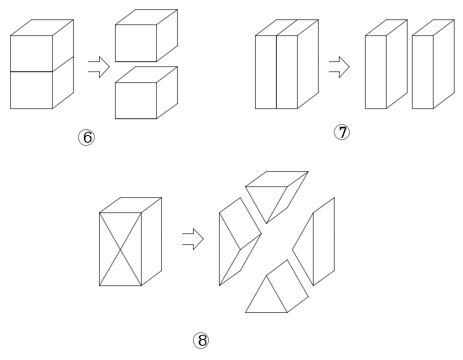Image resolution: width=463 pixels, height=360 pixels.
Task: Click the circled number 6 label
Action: click(86, 138)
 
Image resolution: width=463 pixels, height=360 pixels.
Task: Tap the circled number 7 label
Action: click(341, 132)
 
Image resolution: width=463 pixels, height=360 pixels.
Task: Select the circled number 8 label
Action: click(201, 340)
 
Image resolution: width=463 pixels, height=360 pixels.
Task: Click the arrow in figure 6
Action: click(99, 67)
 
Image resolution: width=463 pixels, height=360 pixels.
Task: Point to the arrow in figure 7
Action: click(339, 67)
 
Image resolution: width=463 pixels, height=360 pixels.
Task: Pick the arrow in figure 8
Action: click(193, 239)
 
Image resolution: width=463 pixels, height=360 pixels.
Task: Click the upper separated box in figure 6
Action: click(146, 35)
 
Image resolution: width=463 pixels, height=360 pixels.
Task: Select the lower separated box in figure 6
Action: click(146, 93)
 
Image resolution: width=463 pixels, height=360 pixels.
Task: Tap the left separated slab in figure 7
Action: click(386, 64)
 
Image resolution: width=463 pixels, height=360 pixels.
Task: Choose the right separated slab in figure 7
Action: click(433, 64)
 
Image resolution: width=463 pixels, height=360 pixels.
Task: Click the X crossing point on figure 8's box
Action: click(120, 249)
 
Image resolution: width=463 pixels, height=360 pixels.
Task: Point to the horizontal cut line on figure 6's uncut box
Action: click(31, 72)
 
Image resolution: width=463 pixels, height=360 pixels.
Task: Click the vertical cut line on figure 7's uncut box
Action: click(277, 72)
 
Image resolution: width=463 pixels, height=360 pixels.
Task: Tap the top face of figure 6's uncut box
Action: click(42, 28)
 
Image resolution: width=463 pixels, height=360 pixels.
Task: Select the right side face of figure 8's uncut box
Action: click(152, 242)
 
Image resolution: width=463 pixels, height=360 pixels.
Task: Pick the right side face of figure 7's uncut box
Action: click(308, 64)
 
